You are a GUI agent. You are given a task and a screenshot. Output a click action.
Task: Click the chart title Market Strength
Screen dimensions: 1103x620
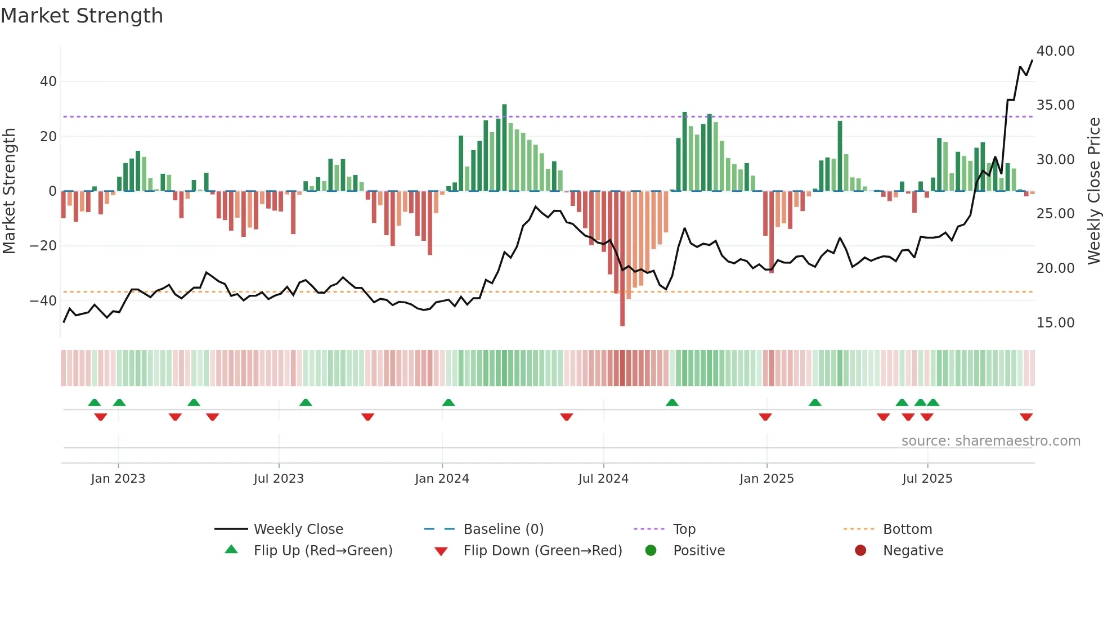pyautogui.click(x=82, y=16)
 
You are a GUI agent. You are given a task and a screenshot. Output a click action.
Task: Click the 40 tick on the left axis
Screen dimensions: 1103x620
pyautogui.click(x=48, y=82)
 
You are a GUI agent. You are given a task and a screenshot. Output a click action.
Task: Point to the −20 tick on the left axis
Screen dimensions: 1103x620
pyautogui.click(x=43, y=246)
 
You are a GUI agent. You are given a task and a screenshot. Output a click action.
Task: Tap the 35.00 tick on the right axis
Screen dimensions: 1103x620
pyautogui.click(x=1055, y=105)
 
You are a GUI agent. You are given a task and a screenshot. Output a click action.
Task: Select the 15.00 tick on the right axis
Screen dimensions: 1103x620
pyautogui.click(x=1055, y=323)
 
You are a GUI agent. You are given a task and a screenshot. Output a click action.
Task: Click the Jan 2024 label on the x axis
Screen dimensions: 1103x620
pyautogui.click(x=442, y=479)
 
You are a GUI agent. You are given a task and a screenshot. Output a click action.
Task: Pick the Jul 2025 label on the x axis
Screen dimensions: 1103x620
pyautogui.click(x=927, y=479)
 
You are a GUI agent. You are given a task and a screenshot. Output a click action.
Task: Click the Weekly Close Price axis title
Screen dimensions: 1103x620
pyautogui.click(x=1093, y=191)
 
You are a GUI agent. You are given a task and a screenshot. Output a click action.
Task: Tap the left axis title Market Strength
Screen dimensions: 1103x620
pyautogui.click(x=10, y=191)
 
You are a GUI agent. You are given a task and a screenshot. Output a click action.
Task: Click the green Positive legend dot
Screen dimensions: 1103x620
pyautogui.click(x=651, y=551)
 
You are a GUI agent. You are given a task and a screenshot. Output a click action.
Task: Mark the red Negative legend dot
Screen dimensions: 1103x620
pyautogui.click(x=860, y=551)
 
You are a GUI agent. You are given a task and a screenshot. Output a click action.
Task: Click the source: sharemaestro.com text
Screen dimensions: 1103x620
pyautogui.click(x=990, y=441)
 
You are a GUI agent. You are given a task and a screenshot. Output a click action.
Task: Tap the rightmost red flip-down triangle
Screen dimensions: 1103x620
pyautogui.click(x=1026, y=417)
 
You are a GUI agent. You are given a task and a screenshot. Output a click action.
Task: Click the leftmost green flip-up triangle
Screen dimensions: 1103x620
pyautogui.click(x=95, y=402)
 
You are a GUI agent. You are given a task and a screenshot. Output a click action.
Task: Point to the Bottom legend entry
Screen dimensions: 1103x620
pyautogui.click(x=907, y=529)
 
